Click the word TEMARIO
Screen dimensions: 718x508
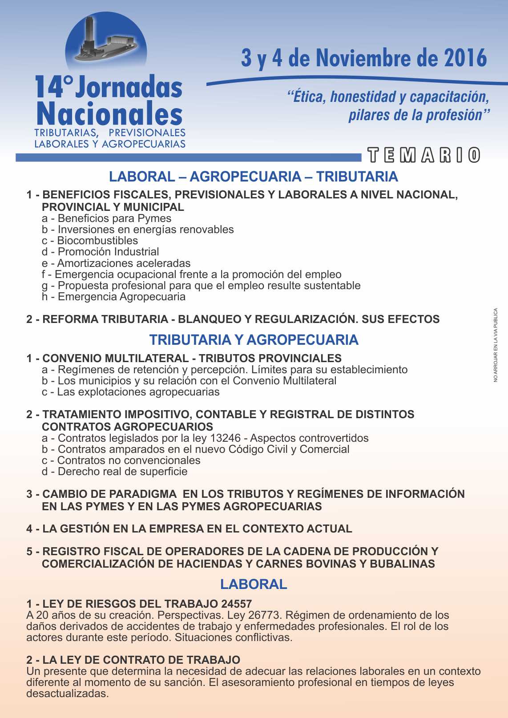coord(424,155)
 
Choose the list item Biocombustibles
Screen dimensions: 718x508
coord(97,241)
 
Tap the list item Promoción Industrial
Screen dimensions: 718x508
coord(108,252)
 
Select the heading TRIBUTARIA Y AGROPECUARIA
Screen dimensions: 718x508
coord(254,340)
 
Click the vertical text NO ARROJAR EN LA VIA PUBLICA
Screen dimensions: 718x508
coord(496,345)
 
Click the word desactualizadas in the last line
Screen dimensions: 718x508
coord(67,694)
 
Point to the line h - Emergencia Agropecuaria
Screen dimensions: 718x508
coord(113,297)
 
